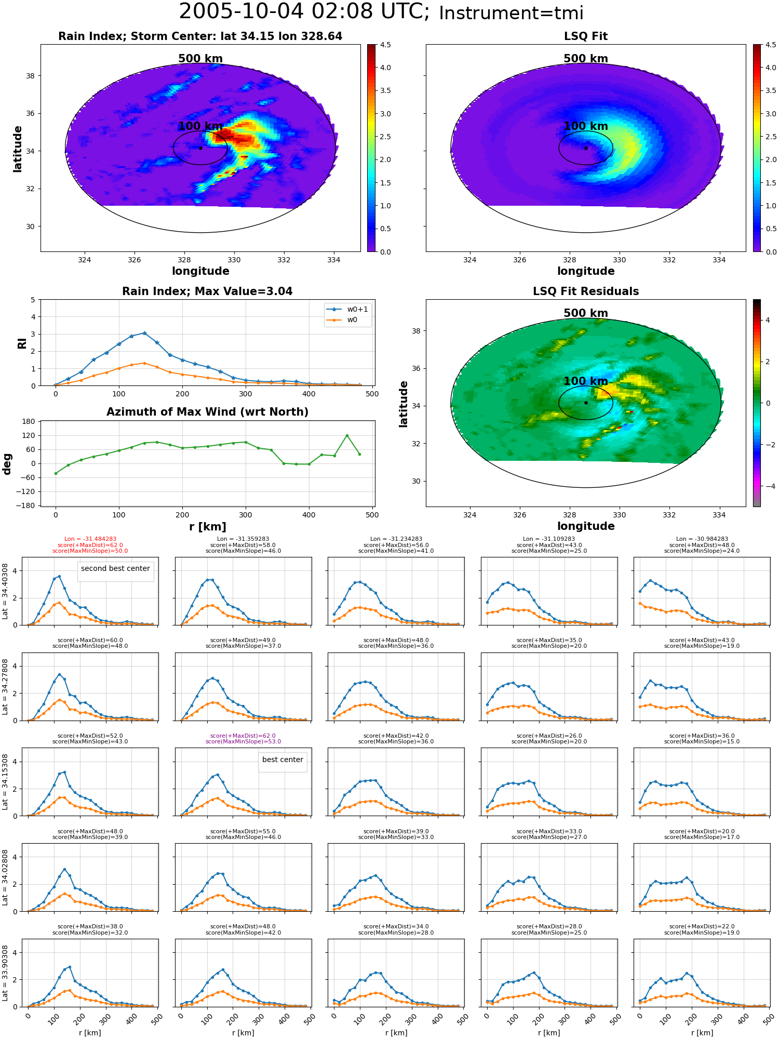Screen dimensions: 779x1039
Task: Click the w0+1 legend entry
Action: [347, 309]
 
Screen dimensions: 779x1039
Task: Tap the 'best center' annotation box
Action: [283, 760]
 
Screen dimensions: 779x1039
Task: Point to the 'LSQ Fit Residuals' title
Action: [586, 291]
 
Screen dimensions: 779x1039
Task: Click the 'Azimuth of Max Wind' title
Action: [207, 412]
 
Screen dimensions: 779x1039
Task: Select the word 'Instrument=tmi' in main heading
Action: [511, 13]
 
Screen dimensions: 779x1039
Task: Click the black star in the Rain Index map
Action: [200, 148]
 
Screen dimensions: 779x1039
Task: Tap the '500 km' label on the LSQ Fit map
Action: [586, 59]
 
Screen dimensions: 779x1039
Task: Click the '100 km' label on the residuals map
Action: [586, 381]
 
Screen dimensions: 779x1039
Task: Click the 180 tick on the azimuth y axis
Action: [29, 421]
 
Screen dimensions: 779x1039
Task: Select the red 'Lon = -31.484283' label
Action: [90, 539]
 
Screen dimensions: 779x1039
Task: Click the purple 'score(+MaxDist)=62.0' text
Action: [243, 736]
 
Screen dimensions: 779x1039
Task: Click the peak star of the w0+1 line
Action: [144, 333]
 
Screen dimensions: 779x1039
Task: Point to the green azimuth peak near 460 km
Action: [347, 435]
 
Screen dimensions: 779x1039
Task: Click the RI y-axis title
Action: [22, 343]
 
